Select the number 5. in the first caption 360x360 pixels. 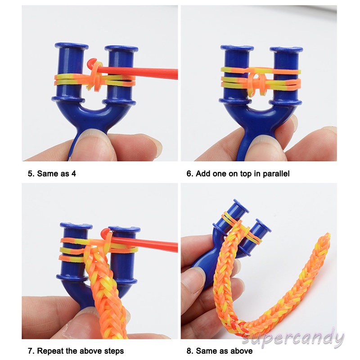[x=31, y=174]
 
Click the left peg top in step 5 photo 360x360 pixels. [x=72, y=46]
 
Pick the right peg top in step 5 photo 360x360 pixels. [x=121, y=49]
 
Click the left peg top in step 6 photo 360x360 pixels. [x=237, y=48]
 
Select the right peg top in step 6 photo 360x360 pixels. [x=286, y=49]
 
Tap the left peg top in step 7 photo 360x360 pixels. [x=76, y=226]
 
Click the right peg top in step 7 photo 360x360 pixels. [x=124, y=229]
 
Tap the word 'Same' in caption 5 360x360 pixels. [x=46, y=174]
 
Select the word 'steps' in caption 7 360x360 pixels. [x=114, y=351]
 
